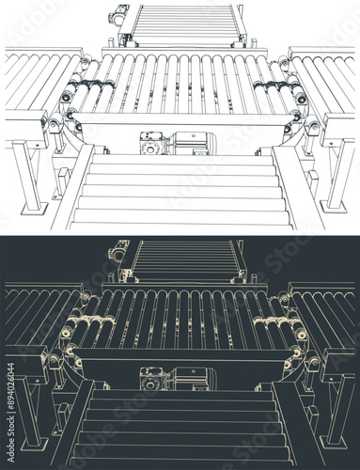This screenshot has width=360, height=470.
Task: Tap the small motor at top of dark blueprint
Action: pos(119,251)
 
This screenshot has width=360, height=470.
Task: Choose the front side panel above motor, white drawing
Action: pos(183,121)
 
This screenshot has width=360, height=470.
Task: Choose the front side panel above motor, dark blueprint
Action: pos(183,356)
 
